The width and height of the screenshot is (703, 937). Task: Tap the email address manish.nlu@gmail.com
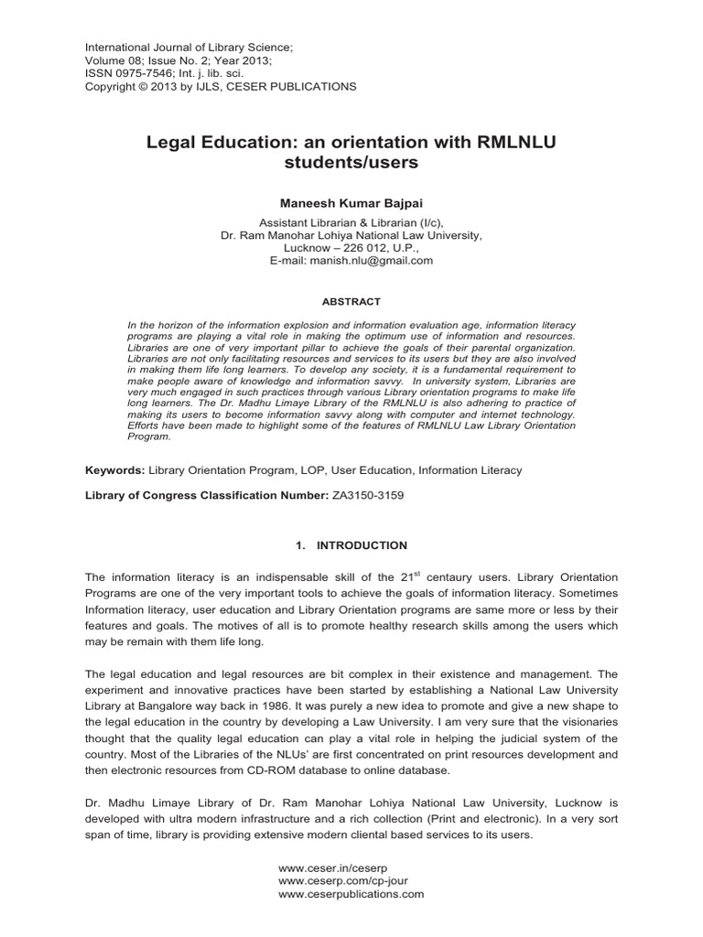(372, 260)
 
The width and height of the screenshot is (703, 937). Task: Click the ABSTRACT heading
(351, 301)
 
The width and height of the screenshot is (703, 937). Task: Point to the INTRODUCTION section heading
(362, 545)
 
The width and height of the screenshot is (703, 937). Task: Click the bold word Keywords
(113, 470)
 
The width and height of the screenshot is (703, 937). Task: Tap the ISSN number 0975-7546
(136, 73)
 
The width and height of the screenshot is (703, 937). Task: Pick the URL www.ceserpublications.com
(351, 894)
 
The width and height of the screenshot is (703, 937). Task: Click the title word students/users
(351, 164)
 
